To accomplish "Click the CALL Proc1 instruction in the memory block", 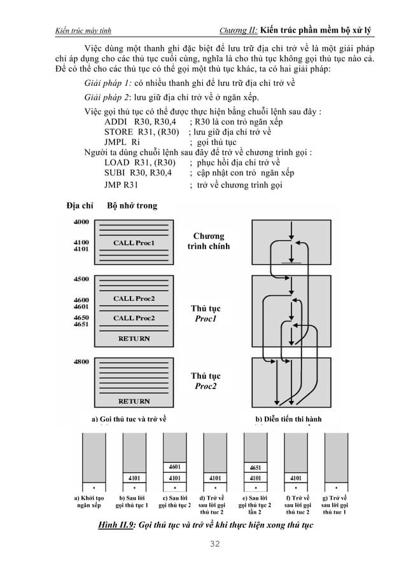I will tap(134, 243).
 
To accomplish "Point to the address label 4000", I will tap(82, 222).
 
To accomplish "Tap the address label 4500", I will tap(81, 279).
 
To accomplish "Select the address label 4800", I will tap(81, 362).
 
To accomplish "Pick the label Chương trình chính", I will tap(208, 242).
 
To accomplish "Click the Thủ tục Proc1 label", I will tap(206, 313).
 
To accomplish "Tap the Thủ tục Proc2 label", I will tap(206, 381).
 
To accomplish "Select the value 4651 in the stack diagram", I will tap(255, 467).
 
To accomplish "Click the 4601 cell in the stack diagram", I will tap(174, 467).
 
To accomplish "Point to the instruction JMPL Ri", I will tap(122, 143).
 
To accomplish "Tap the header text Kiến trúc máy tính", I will tap(84, 31).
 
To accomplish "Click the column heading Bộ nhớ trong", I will tap(132, 206).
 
